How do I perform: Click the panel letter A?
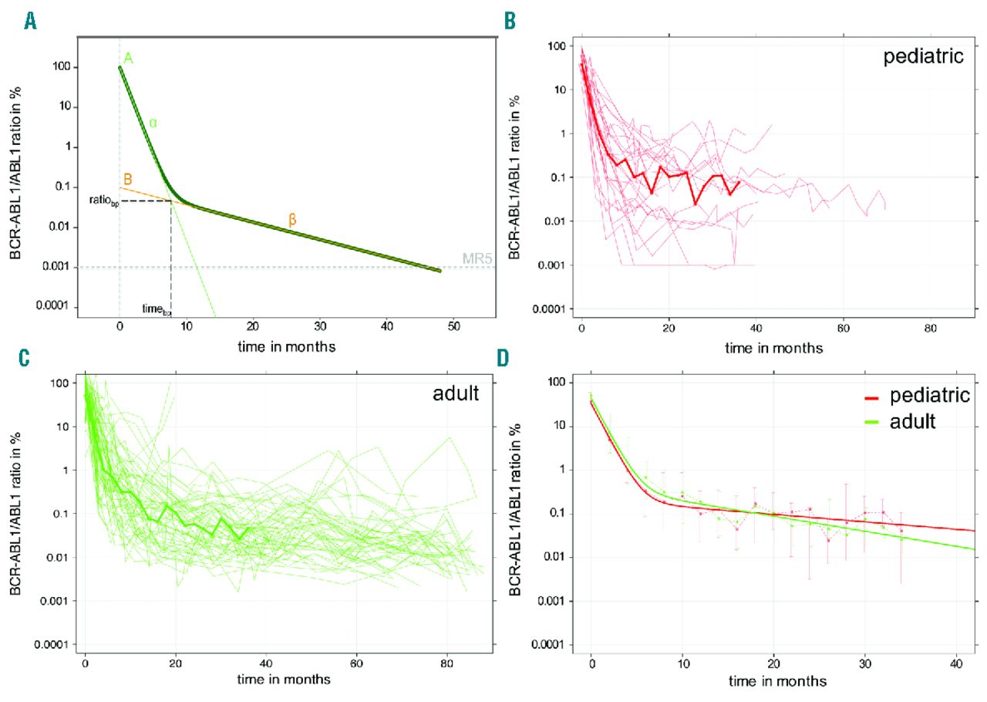click(30, 21)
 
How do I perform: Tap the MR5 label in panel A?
click(476, 258)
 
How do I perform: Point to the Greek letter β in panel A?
click(292, 220)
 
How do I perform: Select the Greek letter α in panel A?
click(153, 123)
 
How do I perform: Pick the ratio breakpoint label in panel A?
click(103, 201)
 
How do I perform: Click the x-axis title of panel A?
click(286, 346)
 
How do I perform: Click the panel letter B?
click(510, 21)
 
